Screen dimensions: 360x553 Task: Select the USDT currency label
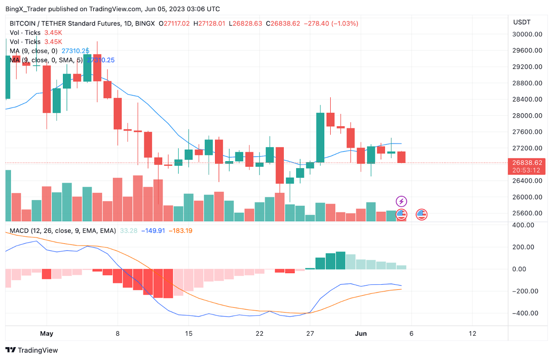click(522, 22)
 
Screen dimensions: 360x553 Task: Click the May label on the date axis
click(47, 333)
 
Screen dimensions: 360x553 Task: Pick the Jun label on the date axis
click(361, 333)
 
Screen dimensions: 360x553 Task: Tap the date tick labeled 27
click(310, 333)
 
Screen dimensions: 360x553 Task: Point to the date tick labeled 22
click(260, 333)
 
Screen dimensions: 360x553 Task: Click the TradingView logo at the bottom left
click(32, 350)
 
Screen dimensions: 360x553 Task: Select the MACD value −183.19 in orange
click(180, 231)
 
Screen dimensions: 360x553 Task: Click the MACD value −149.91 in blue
click(153, 231)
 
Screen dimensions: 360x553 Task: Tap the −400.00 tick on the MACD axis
click(525, 313)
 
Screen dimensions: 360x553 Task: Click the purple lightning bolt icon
click(401, 201)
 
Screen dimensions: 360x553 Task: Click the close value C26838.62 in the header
click(285, 23)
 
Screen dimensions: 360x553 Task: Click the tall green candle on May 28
click(320, 137)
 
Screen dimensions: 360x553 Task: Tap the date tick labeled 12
click(472, 333)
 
